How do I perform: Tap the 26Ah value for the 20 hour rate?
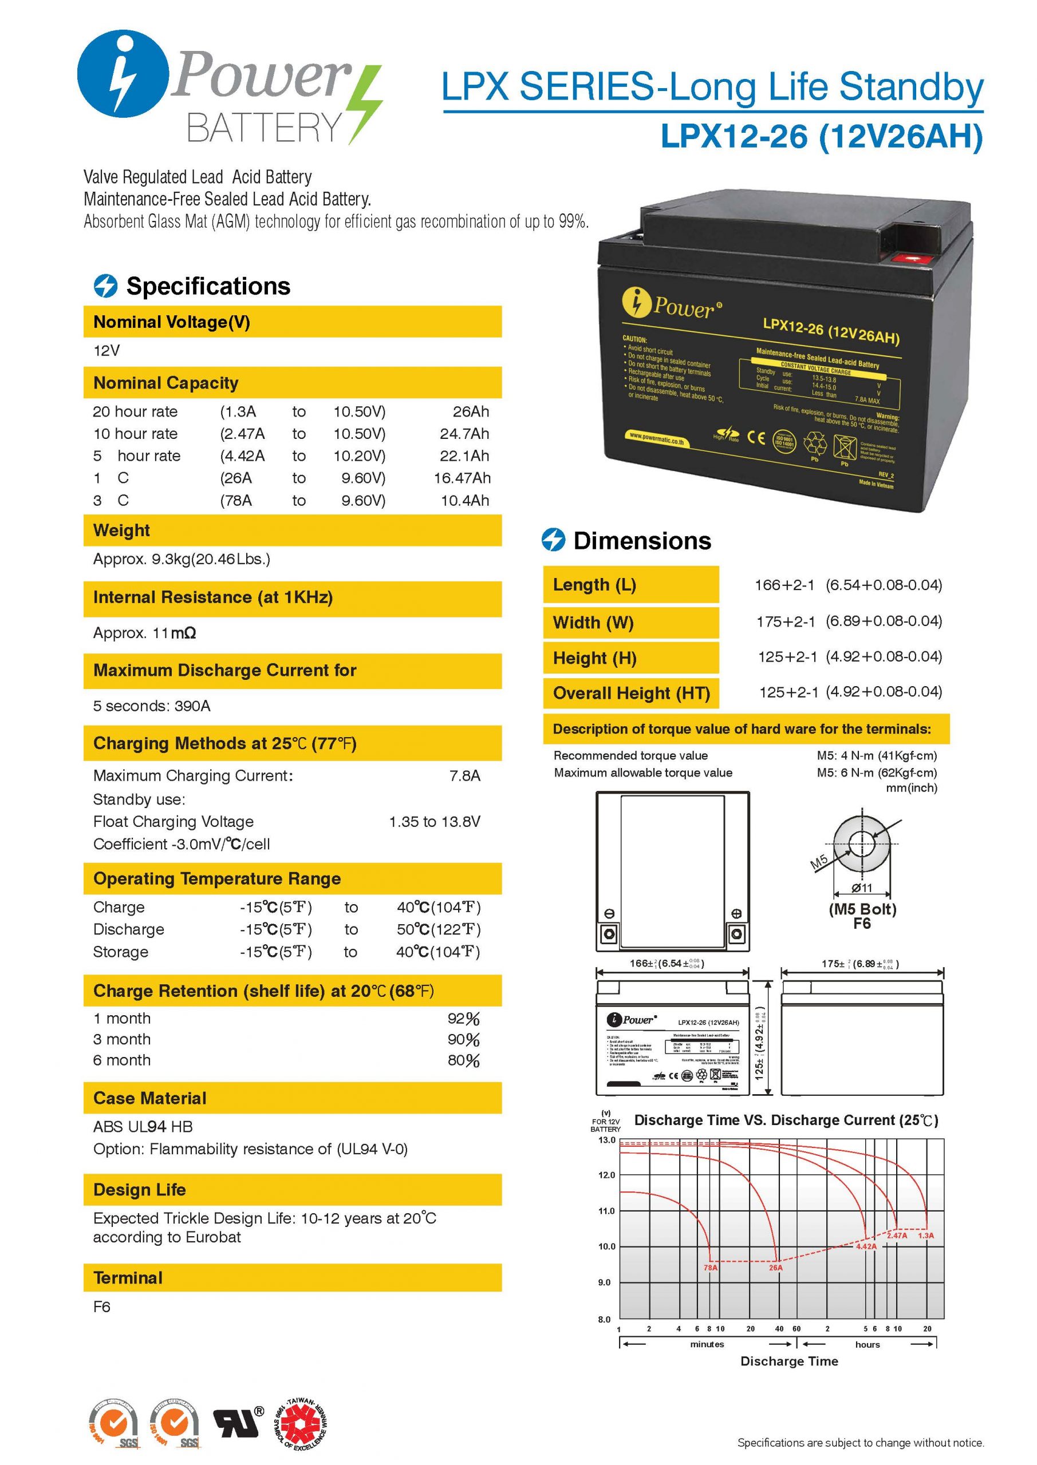click(471, 411)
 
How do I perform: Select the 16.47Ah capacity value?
click(462, 478)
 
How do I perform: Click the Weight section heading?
click(122, 530)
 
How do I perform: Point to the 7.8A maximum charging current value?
click(465, 776)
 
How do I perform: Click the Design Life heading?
click(139, 1190)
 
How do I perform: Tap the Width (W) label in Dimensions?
click(593, 623)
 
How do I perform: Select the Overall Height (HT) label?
click(632, 694)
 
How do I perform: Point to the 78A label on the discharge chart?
click(710, 1268)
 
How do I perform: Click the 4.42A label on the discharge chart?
click(866, 1246)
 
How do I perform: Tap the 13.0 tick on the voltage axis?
click(606, 1140)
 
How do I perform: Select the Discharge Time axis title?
click(789, 1361)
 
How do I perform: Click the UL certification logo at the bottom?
click(239, 1421)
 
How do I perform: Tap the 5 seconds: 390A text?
click(152, 706)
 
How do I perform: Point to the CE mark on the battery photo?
click(756, 438)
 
